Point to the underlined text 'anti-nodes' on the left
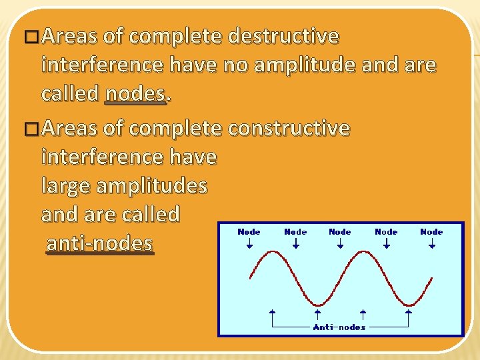pyautogui.click(x=99, y=243)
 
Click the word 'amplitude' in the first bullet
pyautogui.click(x=304, y=65)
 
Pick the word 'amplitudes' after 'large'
pyautogui.click(x=151, y=185)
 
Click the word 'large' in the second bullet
pyautogui.click(x=66, y=185)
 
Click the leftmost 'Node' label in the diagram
pyautogui.click(x=249, y=231)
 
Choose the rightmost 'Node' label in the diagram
pyautogui.click(x=431, y=231)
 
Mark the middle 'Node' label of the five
pyautogui.click(x=340, y=231)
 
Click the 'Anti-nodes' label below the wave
pyautogui.click(x=339, y=327)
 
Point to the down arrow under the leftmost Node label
pyautogui.click(x=249, y=244)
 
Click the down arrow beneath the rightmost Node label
pyautogui.click(x=431, y=244)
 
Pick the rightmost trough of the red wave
pyautogui.click(x=408, y=304)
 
